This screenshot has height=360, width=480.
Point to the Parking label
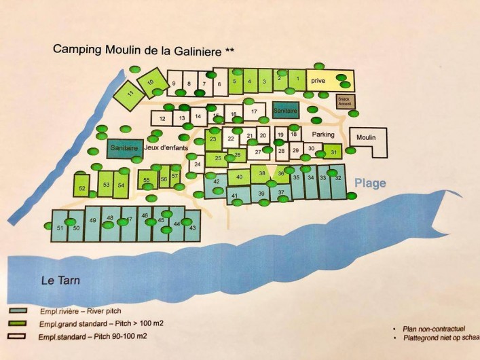coord(323,135)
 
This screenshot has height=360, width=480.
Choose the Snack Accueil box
coord(346,101)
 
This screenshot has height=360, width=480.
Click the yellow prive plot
coord(329,80)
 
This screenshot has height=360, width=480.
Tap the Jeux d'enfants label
coord(165,148)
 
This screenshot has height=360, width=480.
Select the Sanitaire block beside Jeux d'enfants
coord(124,148)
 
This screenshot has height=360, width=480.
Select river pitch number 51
coord(60,228)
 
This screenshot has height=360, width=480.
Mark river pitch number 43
coord(192,228)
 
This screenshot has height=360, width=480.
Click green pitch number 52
coord(81,187)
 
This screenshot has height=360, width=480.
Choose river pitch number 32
coord(338,178)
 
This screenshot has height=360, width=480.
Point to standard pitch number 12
coord(162,119)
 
